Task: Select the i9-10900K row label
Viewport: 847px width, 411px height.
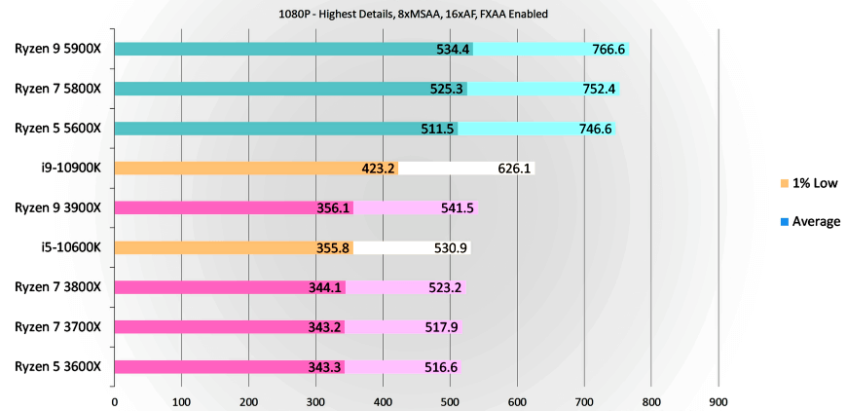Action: tap(71, 168)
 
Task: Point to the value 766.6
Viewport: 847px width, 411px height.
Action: tap(608, 50)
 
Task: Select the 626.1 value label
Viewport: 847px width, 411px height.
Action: tap(512, 168)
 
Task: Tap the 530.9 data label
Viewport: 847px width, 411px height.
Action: tap(452, 247)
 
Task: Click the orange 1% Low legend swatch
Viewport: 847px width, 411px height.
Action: tap(784, 183)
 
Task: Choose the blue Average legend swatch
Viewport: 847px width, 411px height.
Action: tap(784, 222)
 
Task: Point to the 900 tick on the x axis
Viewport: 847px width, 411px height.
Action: tap(718, 400)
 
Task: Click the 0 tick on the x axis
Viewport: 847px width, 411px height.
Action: tap(114, 400)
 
